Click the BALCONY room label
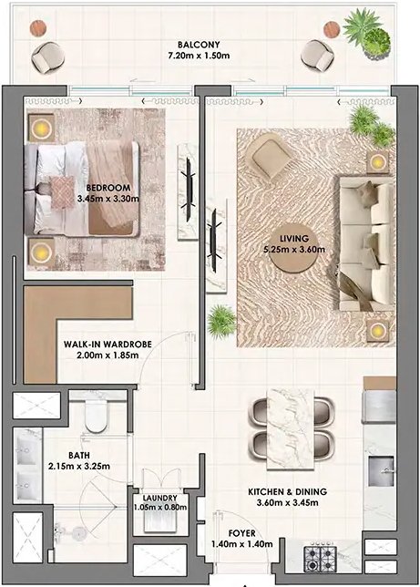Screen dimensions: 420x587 [199, 45]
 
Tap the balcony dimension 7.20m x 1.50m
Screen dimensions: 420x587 [199, 56]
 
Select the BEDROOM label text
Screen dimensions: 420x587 [108, 188]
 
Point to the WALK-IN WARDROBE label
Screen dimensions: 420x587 [108, 344]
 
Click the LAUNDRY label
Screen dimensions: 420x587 [159, 499]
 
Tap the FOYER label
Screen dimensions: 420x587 [241, 533]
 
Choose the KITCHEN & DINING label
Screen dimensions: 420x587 [287, 491]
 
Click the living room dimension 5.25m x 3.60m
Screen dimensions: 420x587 [294, 250]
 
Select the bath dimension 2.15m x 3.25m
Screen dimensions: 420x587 [79, 467]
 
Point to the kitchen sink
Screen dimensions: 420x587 [381, 470]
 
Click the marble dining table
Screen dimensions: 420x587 [291, 428]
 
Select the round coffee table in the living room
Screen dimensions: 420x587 [294, 248]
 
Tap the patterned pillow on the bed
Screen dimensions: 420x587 [62, 192]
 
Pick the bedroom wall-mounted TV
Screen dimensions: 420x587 [189, 191]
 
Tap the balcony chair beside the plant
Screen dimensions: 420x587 [317, 56]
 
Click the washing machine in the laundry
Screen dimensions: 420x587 [159, 520]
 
